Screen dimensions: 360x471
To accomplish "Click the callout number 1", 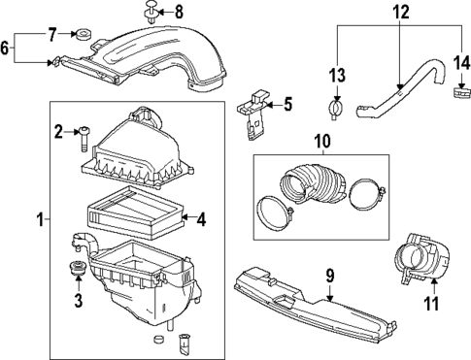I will (x=40, y=221).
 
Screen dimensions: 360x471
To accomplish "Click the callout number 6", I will (x=8, y=47).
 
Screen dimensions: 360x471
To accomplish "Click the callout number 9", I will (x=330, y=277).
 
